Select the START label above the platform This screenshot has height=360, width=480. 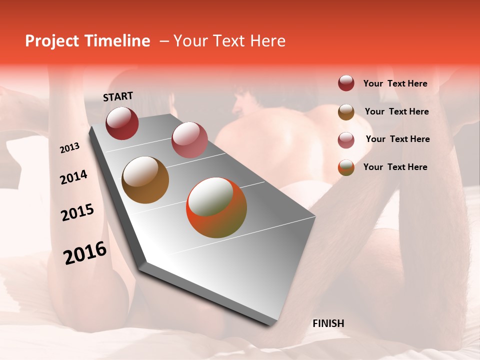click(x=118, y=96)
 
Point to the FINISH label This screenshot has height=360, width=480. click(x=328, y=323)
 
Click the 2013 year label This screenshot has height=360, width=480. click(x=69, y=148)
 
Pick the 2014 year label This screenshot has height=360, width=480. click(x=73, y=177)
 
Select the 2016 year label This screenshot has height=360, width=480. click(x=85, y=253)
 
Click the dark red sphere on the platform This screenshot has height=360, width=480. click(x=122, y=123)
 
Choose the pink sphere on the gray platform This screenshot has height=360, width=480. click(x=189, y=140)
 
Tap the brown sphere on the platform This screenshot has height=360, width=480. click(x=145, y=180)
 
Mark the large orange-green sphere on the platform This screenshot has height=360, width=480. click(x=216, y=207)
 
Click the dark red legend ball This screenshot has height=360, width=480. click(x=346, y=83)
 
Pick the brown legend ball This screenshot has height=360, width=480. click(x=346, y=112)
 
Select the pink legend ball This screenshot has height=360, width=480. click(x=346, y=140)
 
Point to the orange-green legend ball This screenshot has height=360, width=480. click(x=346, y=167)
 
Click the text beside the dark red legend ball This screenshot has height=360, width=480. click(x=395, y=84)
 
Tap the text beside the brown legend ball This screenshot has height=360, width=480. click(x=396, y=111)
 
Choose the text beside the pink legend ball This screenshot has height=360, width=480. click(x=397, y=139)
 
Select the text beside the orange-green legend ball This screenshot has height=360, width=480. click(x=395, y=167)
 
